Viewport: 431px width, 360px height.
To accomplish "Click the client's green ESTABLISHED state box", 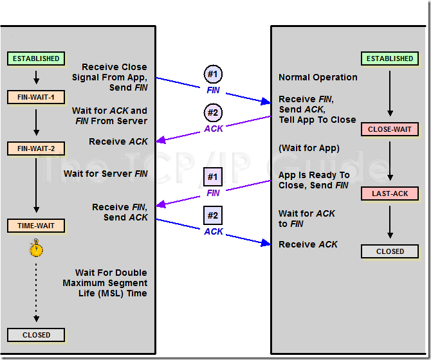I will [36, 59].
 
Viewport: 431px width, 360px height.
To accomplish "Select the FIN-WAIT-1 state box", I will [36, 98].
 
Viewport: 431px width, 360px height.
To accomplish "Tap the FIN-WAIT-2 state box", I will [36, 148].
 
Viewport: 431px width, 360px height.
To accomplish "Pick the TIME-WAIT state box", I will [36, 226].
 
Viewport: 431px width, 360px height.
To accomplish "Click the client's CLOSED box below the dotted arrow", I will [36, 335].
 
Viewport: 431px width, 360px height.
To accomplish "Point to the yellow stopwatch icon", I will [37, 248].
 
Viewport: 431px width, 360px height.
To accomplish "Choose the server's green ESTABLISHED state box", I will [390, 59].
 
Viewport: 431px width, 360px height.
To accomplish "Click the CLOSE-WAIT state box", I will [390, 129].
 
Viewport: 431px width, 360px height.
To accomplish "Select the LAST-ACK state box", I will [390, 194].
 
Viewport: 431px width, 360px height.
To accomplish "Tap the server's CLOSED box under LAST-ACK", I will [390, 251].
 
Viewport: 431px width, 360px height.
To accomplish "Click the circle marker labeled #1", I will [213, 74].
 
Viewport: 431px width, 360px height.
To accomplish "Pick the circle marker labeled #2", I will [213, 113].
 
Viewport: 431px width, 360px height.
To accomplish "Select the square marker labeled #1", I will [213, 176].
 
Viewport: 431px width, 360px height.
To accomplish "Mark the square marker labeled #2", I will [213, 215].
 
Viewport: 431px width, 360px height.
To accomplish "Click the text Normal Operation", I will [318, 77].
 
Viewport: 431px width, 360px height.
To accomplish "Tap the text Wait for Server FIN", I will [105, 174].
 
